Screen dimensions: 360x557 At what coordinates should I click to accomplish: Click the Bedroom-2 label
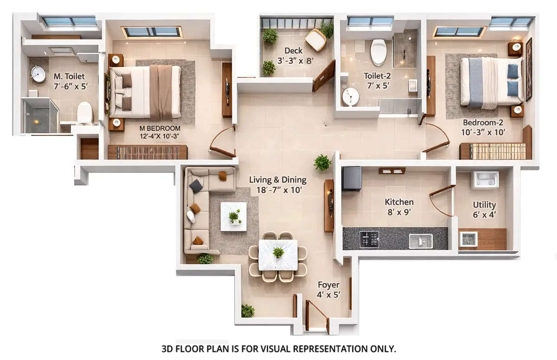pyautogui.click(x=484, y=127)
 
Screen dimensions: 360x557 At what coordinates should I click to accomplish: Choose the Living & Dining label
pyautogui.click(x=278, y=184)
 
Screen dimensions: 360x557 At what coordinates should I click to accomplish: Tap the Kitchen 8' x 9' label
pyautogui.click(x=399, y=206)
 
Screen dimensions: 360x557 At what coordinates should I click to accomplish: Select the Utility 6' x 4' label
pyautogui.click(x=484, y=209)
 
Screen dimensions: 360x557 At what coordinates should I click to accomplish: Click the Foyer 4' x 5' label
pyautogui.click(x=329, y=289)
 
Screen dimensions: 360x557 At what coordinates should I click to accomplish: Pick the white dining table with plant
pyautogui.click(x=278, y=254)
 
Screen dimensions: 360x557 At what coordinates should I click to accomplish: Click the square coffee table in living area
pyautogui.click(x=233, y=216)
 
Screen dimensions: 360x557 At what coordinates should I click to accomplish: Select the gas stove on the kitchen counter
pyautogui.click(x=369, y=239)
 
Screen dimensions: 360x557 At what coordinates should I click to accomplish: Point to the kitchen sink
pyautogui.click(x=421, y=241)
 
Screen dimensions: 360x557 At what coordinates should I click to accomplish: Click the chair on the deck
pyautogui.click(x=316, y=40)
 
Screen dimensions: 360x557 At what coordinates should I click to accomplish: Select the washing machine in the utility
pyautogui.click(x=485, y=180)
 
